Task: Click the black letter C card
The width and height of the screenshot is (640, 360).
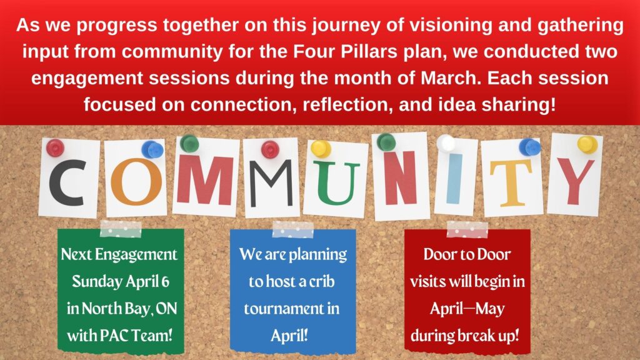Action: coord(69,178)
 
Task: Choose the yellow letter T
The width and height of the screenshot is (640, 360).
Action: coord(511,183)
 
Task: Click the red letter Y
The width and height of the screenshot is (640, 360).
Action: coord(576,181)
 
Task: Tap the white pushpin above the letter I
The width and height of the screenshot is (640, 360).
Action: coord(446,144)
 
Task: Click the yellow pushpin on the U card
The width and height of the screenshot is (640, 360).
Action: coord(321,149)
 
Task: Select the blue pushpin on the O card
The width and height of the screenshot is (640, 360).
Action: coord(152,149)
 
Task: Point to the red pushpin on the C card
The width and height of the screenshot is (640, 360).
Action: coord(55,147)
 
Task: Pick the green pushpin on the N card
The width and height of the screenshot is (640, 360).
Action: coord(386,142)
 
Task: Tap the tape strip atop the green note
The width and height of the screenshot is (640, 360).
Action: coord(121,229)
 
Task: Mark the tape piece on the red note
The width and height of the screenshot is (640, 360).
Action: coord(467,229)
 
